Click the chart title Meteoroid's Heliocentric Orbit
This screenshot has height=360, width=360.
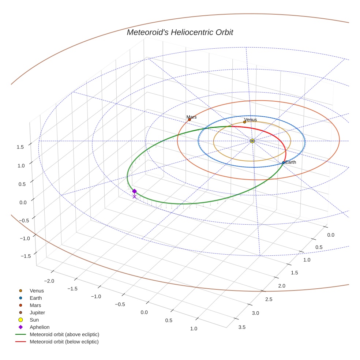[x=180, y=33]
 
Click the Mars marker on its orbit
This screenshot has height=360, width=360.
[x=190, y=120]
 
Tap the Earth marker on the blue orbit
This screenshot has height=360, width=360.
[x=284, y=162]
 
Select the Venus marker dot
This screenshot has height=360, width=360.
[x=245, y=122]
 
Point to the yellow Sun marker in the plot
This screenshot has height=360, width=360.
[x=252, y=141]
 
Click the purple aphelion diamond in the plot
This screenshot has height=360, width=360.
[x=134, y=191]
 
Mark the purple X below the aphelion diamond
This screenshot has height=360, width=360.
[x=134, y=197]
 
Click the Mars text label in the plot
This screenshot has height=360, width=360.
[x=191, y=117]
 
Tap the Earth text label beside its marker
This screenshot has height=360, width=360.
[x=290, y=162]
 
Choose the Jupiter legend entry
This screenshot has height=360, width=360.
[x=37, y=312]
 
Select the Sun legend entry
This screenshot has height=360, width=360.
[x=34, y=320]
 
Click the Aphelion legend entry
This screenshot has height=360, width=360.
[x=40, y=327]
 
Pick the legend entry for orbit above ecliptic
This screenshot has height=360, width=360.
[x=64, y=334]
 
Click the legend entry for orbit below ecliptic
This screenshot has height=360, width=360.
[x=64, y=342]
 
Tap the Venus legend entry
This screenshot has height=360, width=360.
[x=37, y=291]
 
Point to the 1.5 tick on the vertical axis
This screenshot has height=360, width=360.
[x=20, y=147]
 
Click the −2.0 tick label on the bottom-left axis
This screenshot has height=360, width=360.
[x=49, y=281]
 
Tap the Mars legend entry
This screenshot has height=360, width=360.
[x=35, y=305]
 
